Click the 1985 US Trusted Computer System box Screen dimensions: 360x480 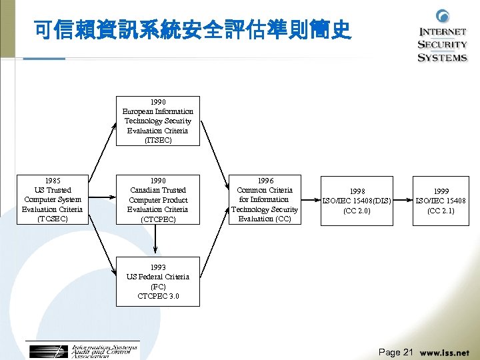[53, 199]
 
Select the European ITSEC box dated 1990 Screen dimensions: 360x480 [158, 121]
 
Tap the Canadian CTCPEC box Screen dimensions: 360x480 [158, 199]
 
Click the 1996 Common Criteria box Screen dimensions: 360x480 [265, 199]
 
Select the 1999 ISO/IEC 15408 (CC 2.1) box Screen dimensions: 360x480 [441, 200]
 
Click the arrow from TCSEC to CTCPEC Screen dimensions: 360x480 [102, 199]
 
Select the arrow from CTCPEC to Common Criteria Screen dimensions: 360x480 [214, 199]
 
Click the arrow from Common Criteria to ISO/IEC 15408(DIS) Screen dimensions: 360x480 [311, 199]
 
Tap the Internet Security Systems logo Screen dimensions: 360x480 [442, 37]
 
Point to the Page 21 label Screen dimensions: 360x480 [396, 352]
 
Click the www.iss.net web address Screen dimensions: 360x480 [445, 353]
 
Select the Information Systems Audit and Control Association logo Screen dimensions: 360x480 [83, 351]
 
